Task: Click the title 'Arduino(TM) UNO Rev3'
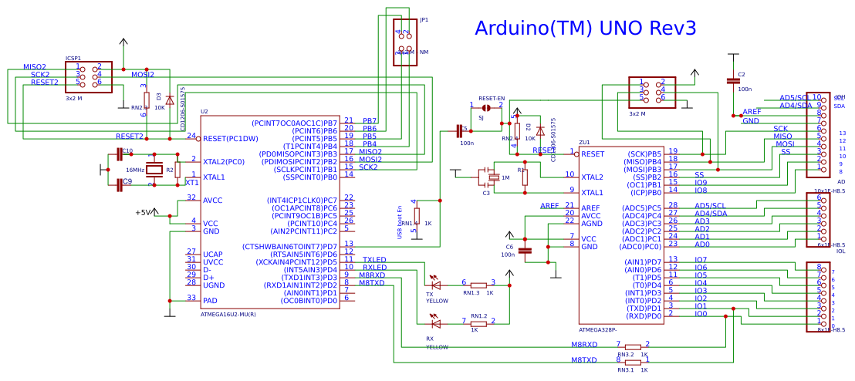tap(585, 29)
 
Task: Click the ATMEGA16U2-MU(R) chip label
tap(228, 315)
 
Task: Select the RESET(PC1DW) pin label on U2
tap(230, 139)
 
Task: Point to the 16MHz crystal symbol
tap(155, 170)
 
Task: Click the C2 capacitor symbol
tap(732, 80)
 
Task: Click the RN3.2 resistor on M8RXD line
tap(633, 346)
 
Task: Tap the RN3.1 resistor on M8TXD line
tap(633, 360)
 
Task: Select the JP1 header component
tap(405, 42)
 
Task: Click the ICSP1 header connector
tap(88, 76)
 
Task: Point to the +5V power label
tap(143, 213)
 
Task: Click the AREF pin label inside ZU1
tap(590, 207)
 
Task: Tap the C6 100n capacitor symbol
tap(526, 250)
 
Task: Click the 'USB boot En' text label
tap(400, 222)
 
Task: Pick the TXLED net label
tap(374, 260)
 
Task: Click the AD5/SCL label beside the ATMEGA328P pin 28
tap(711, 206)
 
